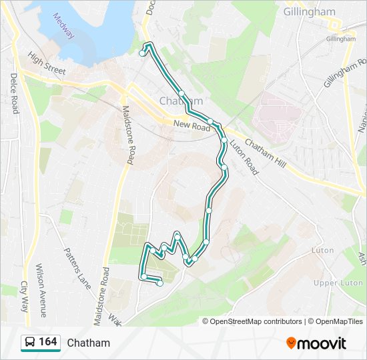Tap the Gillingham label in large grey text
pyautogui.click(x=309, y=12)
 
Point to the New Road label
pyautogui.click(x=191, y=125)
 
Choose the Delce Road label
pyautogui.click(x=13, y=93)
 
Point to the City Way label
pyautogui.click(x=24, y=296)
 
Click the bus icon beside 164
pyautogui.click(x=30, y=343)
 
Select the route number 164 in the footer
pyautogui.click(x=48, y=342)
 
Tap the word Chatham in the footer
pyautogui.click(x=88, y=343)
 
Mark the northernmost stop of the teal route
pyautogui.click(x=142, y=53)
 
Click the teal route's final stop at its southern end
pyautogui.click(x=159, y=283)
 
